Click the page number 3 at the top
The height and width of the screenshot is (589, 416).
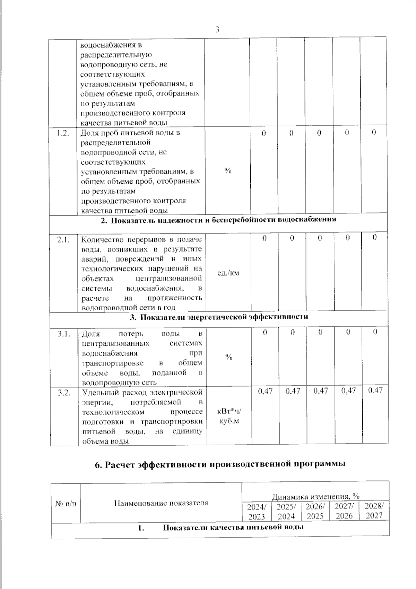point(217,30)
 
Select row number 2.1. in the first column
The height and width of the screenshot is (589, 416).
point(63,239)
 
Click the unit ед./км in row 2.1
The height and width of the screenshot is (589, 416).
point(228,273)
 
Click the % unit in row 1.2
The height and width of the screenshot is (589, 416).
point(227,170)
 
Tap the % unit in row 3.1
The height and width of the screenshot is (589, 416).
point(228,357)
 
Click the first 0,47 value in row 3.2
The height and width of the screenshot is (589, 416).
point(265,391)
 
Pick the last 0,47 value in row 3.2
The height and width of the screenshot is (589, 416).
point(375,390)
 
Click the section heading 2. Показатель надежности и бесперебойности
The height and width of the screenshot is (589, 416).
point(218,220)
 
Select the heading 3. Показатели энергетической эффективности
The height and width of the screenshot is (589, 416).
point(219,317)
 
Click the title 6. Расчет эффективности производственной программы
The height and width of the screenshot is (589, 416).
point(220,465)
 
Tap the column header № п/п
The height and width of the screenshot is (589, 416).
point(66,503)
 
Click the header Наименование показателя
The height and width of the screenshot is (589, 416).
point(161,503)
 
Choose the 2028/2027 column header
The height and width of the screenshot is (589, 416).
point(374,511)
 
